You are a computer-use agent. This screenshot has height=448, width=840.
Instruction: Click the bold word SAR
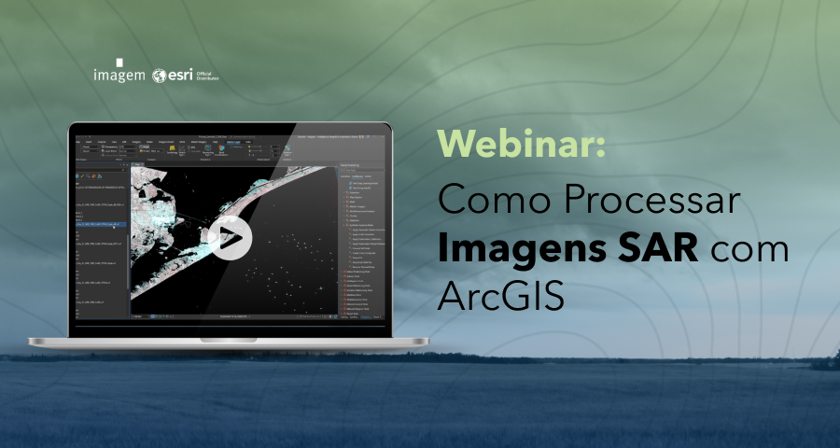[x=667, y=249]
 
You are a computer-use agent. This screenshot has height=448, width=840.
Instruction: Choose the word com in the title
[x=750, y=249]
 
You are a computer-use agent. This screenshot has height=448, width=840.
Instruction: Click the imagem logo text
[x=119, y=76]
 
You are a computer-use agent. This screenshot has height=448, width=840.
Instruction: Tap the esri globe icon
[x=160, y=76]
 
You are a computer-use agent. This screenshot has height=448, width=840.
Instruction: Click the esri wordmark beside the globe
[x=181, y=76]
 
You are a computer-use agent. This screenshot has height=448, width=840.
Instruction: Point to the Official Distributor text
[x=208, y=77]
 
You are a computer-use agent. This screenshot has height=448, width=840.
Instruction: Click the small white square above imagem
[x=119, y=62]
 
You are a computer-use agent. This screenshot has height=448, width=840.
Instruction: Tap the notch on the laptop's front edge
[x=228, y=339]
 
